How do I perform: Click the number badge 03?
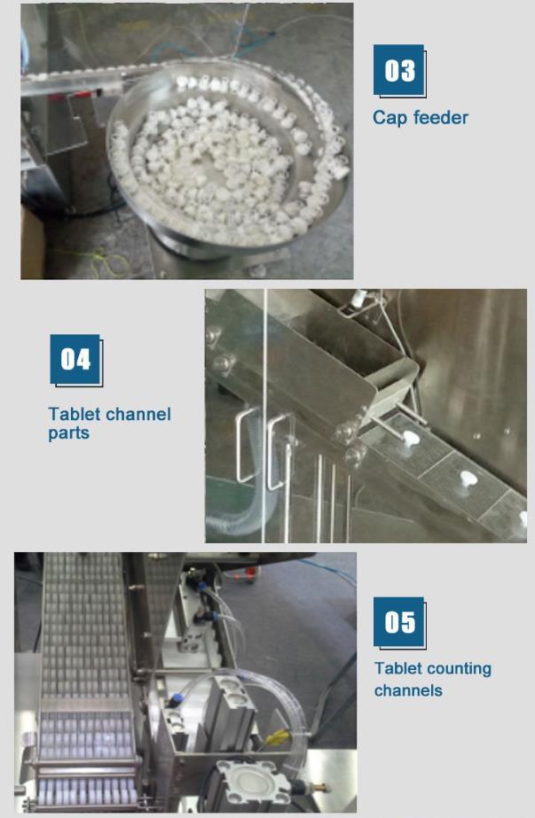click(x=399, y=70)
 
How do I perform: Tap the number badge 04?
click(x=75, y=360)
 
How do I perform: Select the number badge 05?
click(x=399, y=622)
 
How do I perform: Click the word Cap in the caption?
click(x=389, y=118)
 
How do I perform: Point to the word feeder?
click(x=440, y=117)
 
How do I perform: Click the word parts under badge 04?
click(x=68, y=434)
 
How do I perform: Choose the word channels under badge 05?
click(x=408, y=690)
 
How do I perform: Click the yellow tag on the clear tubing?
click(x=277, y=737)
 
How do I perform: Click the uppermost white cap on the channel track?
click(x=410, y=437)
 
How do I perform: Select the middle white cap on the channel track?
click(x=468, y=479)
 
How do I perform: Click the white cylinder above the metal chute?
click(x=358, y=298)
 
